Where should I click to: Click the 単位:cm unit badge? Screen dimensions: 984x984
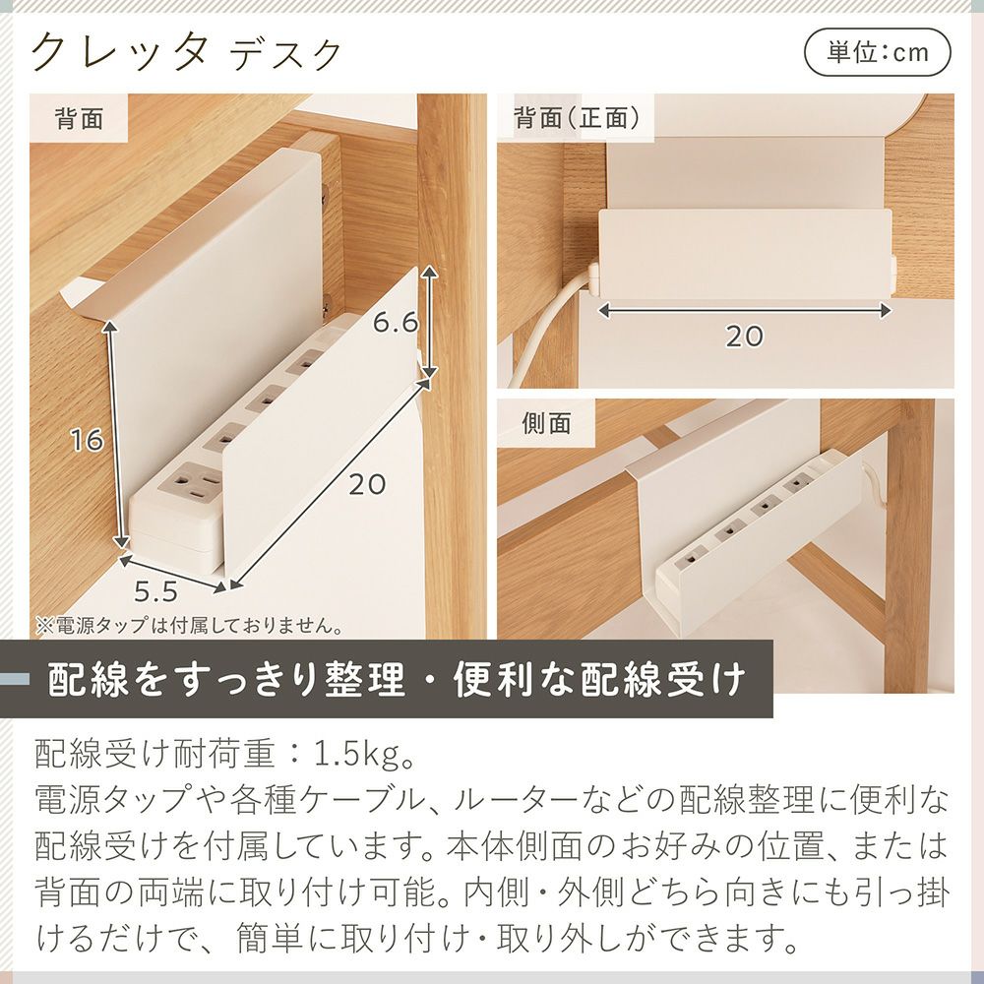878,53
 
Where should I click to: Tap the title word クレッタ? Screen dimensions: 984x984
119,51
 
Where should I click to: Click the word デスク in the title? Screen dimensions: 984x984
286,55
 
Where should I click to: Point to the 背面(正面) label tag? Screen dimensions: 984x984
576,117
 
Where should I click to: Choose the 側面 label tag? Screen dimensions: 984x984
546,423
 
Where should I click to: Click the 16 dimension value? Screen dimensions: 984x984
86,440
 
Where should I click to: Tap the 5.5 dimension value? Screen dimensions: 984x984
155,590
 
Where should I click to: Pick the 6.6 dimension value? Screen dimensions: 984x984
396,323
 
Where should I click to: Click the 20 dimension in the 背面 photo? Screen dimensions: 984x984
367,484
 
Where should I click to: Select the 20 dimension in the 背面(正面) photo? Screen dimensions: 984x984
744,337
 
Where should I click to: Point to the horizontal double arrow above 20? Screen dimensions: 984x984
744,310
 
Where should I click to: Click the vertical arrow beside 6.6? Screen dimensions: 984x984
429,322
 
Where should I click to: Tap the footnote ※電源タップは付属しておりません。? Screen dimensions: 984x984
189,626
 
